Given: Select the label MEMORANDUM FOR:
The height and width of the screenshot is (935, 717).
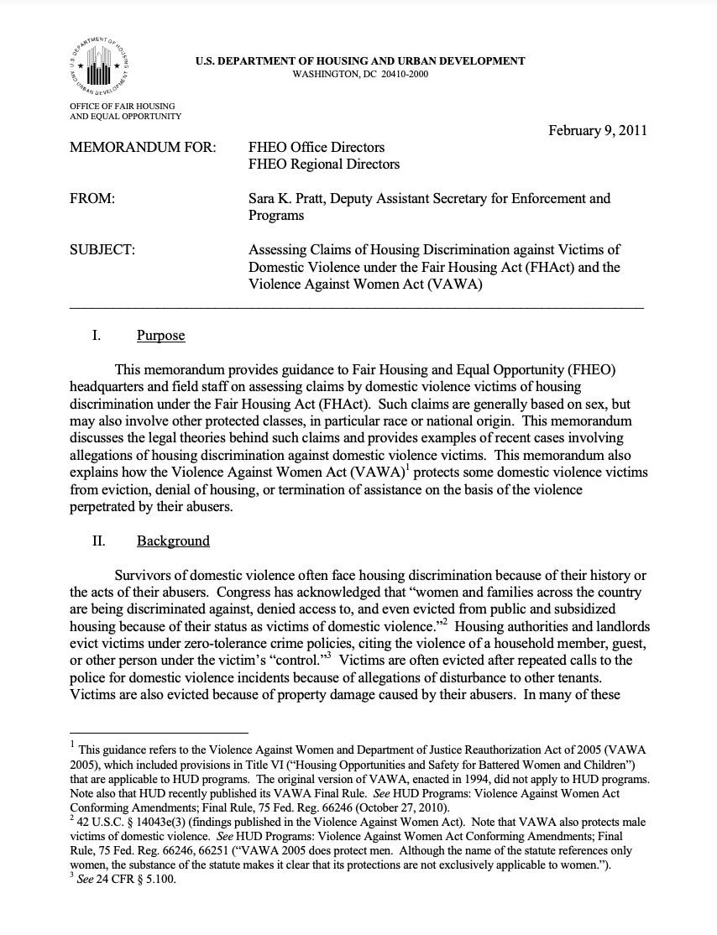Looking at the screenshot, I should pyautogui.click(x=143, y=148).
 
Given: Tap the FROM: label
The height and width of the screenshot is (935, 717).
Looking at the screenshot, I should pyautogui.click(x=92, y=199).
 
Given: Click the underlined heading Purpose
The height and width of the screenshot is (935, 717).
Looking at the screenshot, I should pyautogui.click(x=160, y=336).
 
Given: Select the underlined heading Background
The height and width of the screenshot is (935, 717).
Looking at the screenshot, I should pyautogui.click(x=173, y=541).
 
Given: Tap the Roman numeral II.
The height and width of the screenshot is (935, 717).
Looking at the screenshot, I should pyautogui.click(x=97, y=541).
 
